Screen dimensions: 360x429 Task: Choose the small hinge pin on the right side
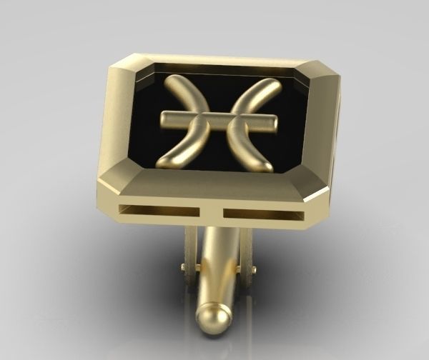pos(251,270)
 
